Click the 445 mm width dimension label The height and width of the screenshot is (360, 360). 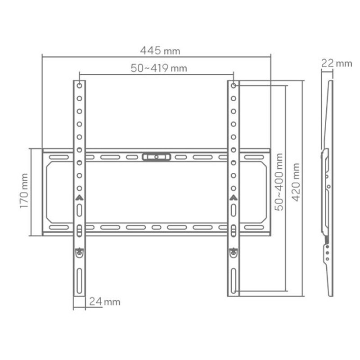pyautogui.click(x=160, y=51)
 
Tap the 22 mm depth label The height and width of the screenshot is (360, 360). pyautogui.click(x=336, y=63)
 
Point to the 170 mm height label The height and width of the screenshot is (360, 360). pyautogui.click(x=24, y=191)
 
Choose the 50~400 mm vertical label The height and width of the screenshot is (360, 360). pyautogui.click(x=279, y=182)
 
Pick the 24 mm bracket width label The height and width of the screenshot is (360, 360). pyautogui.click(x=104, y=301)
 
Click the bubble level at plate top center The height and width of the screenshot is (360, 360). pyautogui.click(x=156, y=157)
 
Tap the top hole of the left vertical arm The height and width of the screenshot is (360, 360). pyautogui.click(x=79, y=85)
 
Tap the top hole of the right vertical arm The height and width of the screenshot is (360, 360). pyautogui.click(x=234, y=85)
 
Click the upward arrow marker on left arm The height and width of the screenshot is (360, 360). pyautogui.click(x=79, y=197)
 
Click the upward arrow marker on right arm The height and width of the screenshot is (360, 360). pyautogui.click(x=234, y=197)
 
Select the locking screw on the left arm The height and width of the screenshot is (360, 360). pyautogui.click(x=79, y=253)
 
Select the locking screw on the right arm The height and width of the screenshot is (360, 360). pyautogui.click(x=234, y=253)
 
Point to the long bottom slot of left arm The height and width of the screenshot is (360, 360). pyautogui.click(x=79, y=281)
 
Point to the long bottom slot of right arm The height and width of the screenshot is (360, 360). pyautogui.click(x=234, y=281)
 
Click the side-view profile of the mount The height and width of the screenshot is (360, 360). pyautogui.click(x=328, y=189)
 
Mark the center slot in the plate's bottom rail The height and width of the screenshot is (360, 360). pyautogui.click(x=156, y=227)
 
